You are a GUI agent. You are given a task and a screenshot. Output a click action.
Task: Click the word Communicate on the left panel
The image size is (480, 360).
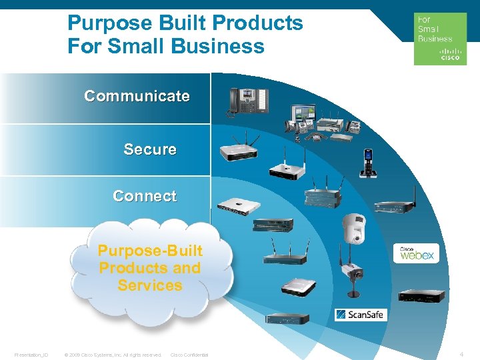137,96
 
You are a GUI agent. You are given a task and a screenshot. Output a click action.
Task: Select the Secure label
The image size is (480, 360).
150,149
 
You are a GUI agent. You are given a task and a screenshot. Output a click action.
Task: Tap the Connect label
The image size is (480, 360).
145,196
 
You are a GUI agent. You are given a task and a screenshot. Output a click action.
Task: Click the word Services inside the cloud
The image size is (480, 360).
150,285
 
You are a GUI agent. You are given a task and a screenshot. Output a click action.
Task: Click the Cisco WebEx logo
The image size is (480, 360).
415,254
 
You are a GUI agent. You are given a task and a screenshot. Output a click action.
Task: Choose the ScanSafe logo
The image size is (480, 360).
360,314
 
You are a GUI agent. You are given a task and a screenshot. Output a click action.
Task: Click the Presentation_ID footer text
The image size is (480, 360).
31,355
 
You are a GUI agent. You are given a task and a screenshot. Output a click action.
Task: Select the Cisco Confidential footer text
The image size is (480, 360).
189,355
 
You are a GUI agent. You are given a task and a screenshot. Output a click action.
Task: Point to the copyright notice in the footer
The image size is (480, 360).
113,355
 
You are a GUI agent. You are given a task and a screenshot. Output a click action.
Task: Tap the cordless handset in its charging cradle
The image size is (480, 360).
367,163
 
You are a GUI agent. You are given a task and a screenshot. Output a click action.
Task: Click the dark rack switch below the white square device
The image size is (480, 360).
271,225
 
